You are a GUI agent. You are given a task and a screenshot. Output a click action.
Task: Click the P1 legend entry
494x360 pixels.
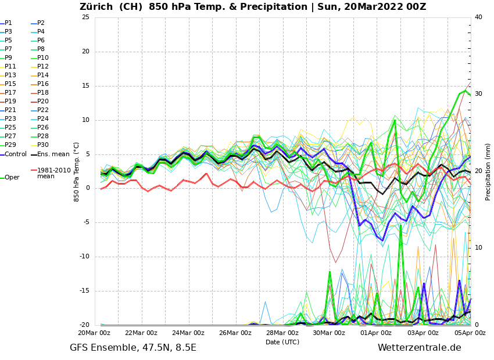[x=8, y=23]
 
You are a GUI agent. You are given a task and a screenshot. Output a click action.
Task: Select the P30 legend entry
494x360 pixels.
[x=42, y=145]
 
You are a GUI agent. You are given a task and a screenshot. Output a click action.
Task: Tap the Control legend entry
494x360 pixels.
[x=15, y=154]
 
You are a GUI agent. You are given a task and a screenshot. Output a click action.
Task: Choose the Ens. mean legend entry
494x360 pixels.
[x=53, y=154]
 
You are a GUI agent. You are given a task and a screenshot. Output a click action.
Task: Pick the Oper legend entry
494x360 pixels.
[x=12, y=178]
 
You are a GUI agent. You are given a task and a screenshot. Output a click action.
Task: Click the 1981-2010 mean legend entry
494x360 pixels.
[x=53, y=173]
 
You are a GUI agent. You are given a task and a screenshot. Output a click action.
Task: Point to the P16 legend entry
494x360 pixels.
[x=42, y=84]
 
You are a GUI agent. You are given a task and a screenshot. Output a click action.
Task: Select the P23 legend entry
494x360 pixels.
[x=10, y=119]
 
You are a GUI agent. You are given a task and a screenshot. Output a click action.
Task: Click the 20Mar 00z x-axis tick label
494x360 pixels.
[x=94, y=333]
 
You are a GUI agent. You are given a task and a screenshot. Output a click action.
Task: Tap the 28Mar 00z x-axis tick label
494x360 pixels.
[x=282, y=333]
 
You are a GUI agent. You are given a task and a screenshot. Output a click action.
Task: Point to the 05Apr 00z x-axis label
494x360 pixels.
[x=470, y=333]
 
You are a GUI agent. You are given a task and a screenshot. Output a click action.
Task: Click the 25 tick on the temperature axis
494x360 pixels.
[x=85, y=17]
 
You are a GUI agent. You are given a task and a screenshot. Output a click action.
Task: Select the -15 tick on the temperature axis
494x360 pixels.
[x=84, y=291]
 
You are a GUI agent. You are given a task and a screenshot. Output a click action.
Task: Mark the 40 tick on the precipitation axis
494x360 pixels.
[x=478, y=17]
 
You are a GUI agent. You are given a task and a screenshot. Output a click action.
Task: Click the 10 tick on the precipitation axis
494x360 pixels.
[x=478, y=248]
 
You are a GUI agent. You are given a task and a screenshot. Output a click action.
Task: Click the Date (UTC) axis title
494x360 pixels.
[x=282, y=343]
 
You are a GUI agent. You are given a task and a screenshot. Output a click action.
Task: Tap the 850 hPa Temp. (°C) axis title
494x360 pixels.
[x=77, y=172]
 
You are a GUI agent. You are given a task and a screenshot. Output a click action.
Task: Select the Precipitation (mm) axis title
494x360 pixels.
[x=488, y=172]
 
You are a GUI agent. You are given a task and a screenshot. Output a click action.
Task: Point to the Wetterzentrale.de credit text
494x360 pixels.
[x=419, y=348]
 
